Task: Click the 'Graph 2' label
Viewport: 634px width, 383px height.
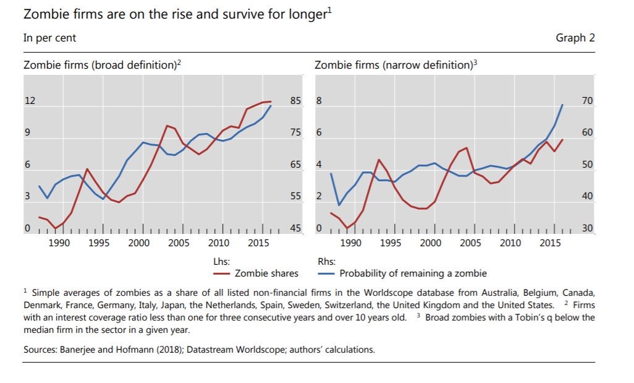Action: pyautogui.click(x=575, y=38)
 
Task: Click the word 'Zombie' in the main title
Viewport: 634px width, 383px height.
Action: pyautogui.click(x=48, y=14)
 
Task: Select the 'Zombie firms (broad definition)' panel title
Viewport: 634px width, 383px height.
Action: pyautogui.click(x=102, y=65)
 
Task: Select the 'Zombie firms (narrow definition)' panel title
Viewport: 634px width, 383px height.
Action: pyautogui.click(x=396, y=65)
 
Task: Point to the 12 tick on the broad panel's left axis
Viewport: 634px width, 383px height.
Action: pyautogui.click(x=28, y=101)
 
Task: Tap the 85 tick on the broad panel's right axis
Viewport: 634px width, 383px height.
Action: pyautogui.click(x=296, y=101)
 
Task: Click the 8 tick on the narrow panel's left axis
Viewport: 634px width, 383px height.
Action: pyautogui.click(x=319, y=101)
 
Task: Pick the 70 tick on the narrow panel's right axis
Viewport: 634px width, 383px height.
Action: pyautogui.click(x=587, y=101)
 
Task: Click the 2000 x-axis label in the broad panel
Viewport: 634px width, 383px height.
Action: pyautogui.click(x=139, y=243)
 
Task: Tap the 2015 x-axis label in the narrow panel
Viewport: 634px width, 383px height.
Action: pyautogui.click(x=551, y=243)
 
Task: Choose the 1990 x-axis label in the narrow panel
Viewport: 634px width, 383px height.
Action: pyautogui.click(x=351, y=243)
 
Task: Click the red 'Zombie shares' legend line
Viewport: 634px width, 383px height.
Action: pyautogui.click(x=222, y=273)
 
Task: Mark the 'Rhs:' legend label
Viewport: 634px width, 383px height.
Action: pyautogui.click(x=326, y=262)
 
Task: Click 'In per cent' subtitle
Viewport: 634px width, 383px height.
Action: pyautogui.click(x=49, y=38)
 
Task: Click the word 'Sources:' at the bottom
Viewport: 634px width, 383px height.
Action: pyautogui.click(x=40, y=350)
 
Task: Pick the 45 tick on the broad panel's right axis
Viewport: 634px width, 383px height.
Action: pyautogui.click(x=296, y=229)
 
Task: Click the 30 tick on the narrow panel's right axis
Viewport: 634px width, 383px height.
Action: pyautogui.click(x=587, y=229)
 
